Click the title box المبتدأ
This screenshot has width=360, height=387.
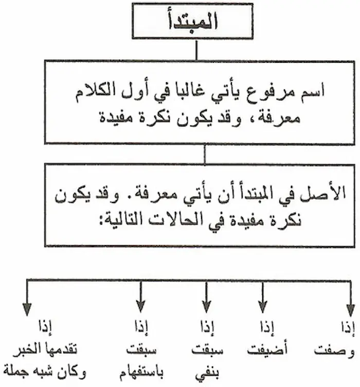pyautogui.click(x=196, y=22)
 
